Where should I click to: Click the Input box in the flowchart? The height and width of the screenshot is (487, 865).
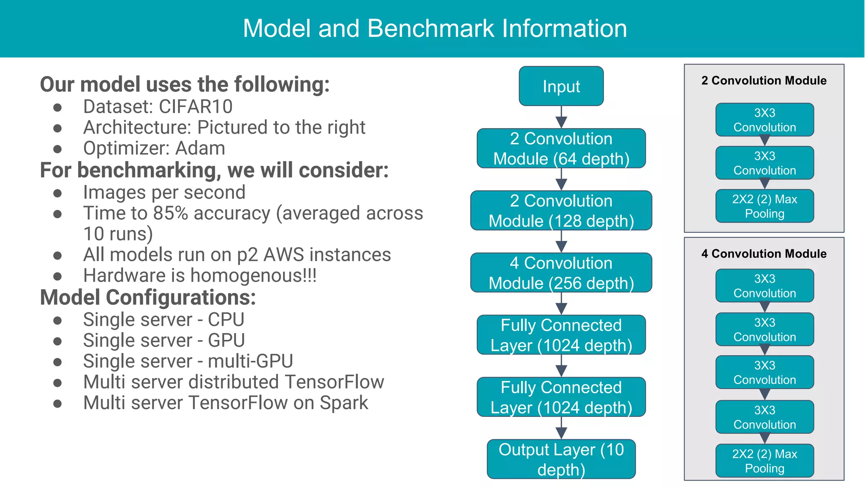click(x=561, y=86)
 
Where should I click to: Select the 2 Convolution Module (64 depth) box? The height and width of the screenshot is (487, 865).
click(x=561, y=148)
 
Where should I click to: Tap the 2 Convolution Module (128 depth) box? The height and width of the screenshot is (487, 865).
click(x=561, y=211)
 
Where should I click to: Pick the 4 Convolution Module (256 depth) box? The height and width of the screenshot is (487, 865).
click(x=561, y=273)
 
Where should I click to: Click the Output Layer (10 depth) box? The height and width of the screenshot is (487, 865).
click(x=561, y=459)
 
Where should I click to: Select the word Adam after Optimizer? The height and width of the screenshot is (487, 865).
click(x=200, y=148)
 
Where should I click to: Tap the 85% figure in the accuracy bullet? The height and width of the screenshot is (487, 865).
click(x=171, y=213)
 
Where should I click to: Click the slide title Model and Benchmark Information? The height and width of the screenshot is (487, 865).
click(x=435, y=28)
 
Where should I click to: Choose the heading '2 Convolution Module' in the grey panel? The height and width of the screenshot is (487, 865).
click(x=764, y=80)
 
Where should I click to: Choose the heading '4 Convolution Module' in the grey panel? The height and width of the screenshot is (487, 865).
click(x=764, y=254)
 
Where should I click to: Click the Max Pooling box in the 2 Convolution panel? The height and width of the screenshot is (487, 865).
click(x=764, y=206)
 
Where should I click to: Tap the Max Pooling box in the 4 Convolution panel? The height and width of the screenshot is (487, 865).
click(x=764, y=461)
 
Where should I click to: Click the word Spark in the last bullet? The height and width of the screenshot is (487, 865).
click(x=344, y=403)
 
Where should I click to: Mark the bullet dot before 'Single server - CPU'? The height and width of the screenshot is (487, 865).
click(x=58, y=320)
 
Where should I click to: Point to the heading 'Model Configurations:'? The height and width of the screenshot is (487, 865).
click(x=148, y=297)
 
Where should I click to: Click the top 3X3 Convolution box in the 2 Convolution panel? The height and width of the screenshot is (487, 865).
click(x=764, y=120)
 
